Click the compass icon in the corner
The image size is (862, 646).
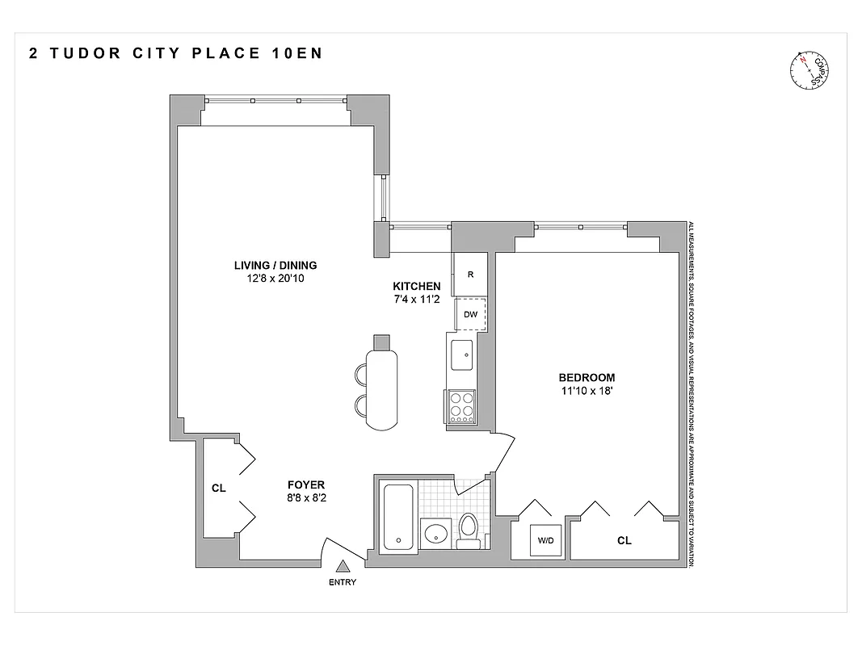tap(810, 70)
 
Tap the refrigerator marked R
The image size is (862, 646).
tap(470, 274)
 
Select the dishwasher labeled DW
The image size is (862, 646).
tap(470, 315)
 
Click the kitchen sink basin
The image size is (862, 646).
tap(464, 353)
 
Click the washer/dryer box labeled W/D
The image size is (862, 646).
tap(540, 539)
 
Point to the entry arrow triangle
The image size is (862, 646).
tap(343, 568)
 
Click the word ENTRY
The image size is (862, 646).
tap(343, 582)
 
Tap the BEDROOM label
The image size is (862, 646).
tap(587, 377)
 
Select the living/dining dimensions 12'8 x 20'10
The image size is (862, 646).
tap(275, 279)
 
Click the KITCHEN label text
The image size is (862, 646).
tap(416, 286)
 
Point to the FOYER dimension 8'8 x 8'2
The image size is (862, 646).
tap(306, 498)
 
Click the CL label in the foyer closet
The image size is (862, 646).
tap(218, 487)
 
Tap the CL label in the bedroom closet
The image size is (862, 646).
tap(624, 540)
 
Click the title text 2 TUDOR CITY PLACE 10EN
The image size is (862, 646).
tap(175, 54)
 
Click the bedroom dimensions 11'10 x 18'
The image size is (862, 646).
tap(587, 391)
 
